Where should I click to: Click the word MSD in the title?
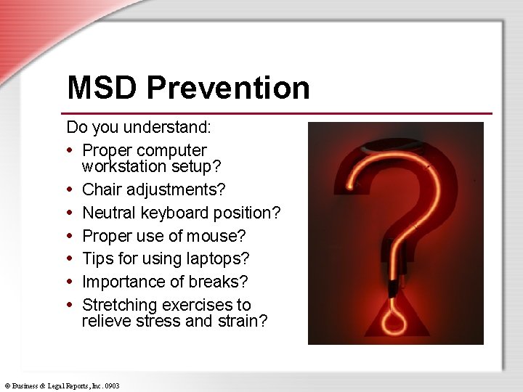tap(102, 88)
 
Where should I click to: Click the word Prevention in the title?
tap(227, 88)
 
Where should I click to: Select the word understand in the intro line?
tap(166, 128)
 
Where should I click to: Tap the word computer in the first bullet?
tap(171, 150)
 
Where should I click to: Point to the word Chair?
tap(102, 189)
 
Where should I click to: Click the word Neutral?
tap(110, 213)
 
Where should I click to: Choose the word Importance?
tap(121, 282)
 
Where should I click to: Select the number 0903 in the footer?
tap(112, 386)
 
